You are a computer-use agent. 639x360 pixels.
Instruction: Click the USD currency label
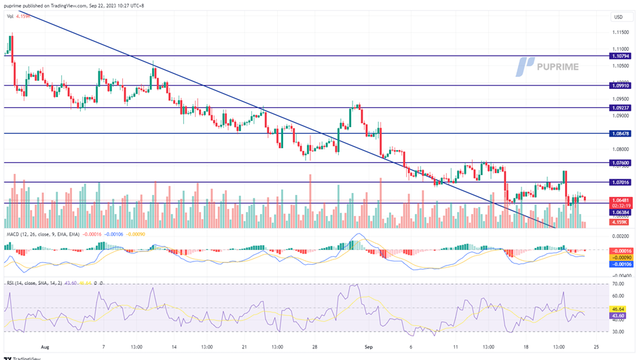pyautogui.click(x=618, y=16)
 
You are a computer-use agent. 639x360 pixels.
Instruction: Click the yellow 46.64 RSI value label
pyautogui.click(x=619, y=308)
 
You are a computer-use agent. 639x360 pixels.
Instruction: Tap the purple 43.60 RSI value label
pyautogui.click(x=619, y=315)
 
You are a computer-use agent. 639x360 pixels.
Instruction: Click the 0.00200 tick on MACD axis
pyautogui.click(x=619, y=235)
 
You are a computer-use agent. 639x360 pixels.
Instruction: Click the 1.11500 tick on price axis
pyautogui.click(x=619, y=33)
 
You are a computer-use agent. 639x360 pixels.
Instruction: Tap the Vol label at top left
pyautogui.click(x=10, y=16)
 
